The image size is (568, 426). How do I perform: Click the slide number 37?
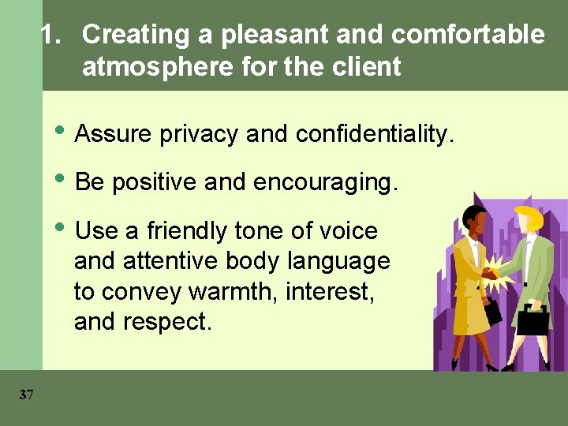click(26, 394)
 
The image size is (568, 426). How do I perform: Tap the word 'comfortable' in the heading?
click(468, 35)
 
